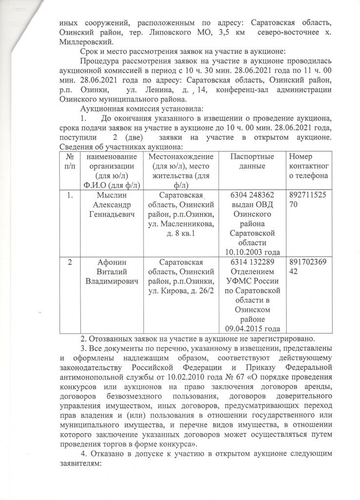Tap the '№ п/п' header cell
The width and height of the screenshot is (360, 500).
tap(71, 161)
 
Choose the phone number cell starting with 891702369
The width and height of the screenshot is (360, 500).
tap(308, 267)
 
